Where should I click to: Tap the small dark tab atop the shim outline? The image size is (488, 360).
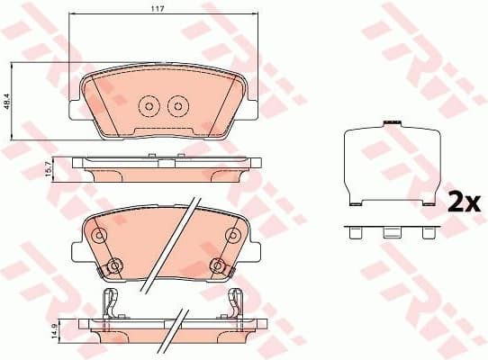coord(392,123)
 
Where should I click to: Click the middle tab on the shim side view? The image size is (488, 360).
coord(391,232)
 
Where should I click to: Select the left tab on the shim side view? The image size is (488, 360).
coord(357,232)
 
